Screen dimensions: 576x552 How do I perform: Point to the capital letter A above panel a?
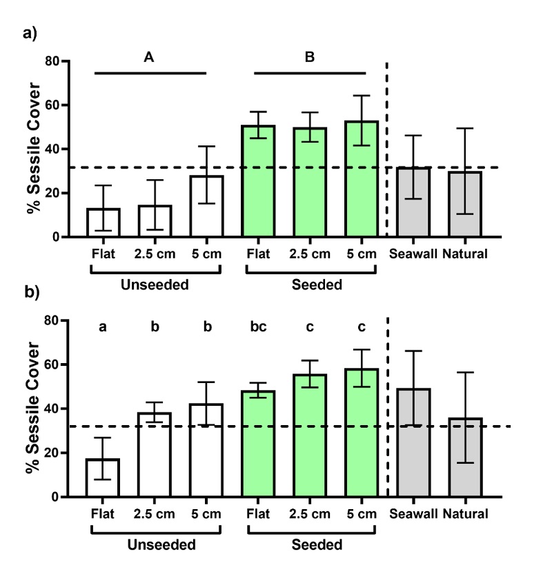[148, 58]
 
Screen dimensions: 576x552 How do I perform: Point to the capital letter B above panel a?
[310, 58]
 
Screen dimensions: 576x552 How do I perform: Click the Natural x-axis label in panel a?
[465, 254]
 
